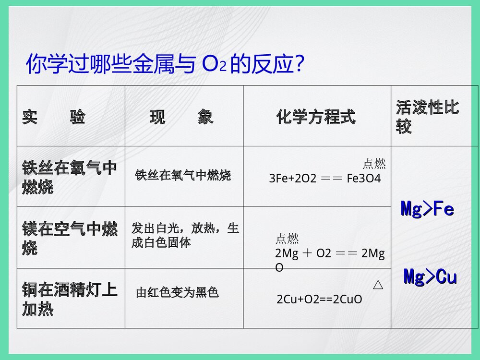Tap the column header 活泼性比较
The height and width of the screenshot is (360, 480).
(427, 116)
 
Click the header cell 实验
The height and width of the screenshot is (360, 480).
(53, 117)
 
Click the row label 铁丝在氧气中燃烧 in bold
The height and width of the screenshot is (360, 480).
(70, 177)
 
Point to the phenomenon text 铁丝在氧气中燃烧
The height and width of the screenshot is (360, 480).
(183, 175)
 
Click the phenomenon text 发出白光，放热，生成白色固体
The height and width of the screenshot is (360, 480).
(185, 235)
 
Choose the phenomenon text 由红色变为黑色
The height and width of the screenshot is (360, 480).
(177, 292)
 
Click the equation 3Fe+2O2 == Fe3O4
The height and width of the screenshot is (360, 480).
(325, 179)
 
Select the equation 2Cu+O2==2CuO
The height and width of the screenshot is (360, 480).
(319, 300)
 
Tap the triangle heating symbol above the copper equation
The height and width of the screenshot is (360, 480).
(378, 286)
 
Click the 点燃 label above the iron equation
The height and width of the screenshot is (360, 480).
(374, 164)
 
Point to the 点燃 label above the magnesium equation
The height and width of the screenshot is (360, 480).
(287, 239)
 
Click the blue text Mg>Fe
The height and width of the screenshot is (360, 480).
(427, 209)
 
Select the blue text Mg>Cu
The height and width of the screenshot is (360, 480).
(430, 277)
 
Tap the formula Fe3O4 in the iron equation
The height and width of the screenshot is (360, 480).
(363, 179)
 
